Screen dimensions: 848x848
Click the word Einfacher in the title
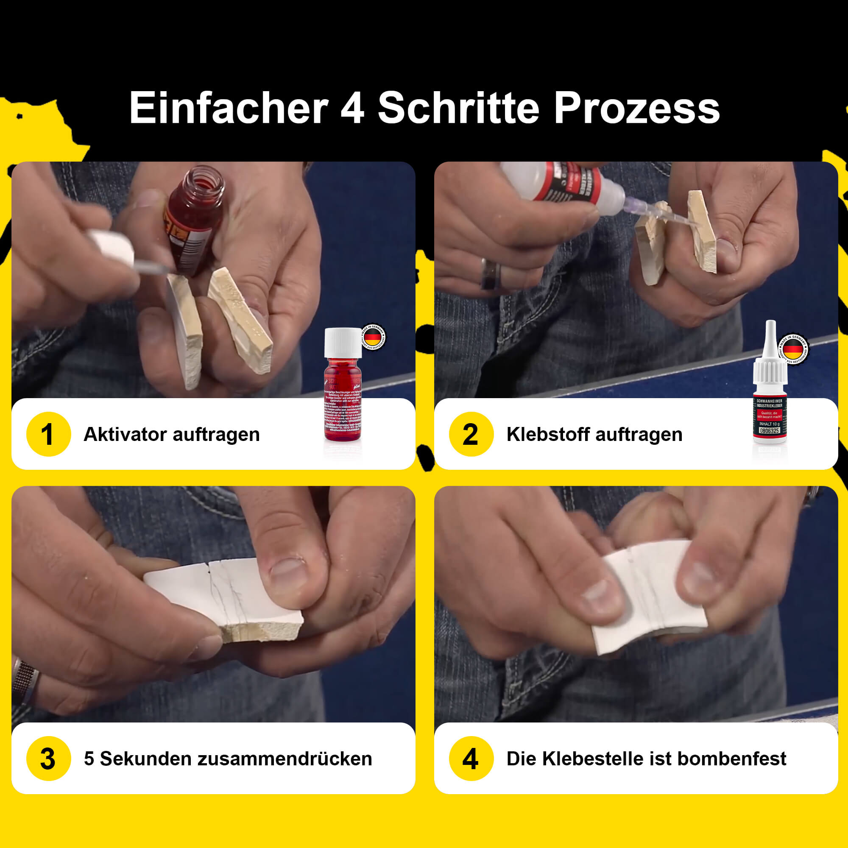tap(229, 109)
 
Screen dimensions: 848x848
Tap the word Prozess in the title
tap(636, 109)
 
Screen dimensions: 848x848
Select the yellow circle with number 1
tap(48, 434)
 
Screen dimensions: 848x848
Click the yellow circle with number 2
tap(471, 434)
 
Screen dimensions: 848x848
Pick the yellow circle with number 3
tap(48, 758)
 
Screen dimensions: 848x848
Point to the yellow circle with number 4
tap(471, 758)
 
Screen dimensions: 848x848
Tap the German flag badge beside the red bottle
tap(373, 337)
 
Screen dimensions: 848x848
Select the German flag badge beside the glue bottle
tap(793, 349)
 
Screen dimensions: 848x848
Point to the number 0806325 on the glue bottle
tap(770, 431)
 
